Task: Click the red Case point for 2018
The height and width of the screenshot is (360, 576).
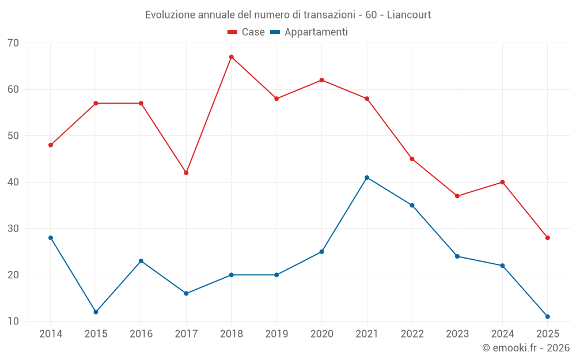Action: pos(231,57)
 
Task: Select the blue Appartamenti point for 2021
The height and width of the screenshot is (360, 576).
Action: pos(367,177)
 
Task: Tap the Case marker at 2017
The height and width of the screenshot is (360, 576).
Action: pos(186,173)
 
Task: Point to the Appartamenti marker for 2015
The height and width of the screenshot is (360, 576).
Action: pos(96,312)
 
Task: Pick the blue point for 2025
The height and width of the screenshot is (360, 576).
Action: pos(547,316)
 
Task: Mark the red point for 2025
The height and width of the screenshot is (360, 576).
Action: pos(547,238)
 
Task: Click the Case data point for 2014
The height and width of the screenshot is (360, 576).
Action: pos(51,145)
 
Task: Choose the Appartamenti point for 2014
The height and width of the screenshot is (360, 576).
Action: pos(51,238)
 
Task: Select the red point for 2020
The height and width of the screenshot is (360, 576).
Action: pos(321,80)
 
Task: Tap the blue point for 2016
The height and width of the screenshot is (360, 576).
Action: pos(141,261)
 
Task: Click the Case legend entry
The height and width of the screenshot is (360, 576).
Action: pos(247,32)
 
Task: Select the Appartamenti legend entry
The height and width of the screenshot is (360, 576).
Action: pos(309,32)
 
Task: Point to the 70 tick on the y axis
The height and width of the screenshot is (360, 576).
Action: pos(13,43)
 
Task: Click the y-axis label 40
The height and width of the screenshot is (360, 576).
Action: pos(13,182)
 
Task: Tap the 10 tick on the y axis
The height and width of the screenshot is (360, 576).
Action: pos(13,321)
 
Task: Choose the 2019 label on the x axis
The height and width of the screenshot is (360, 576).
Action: pos(276,334)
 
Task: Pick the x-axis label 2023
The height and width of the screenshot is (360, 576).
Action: pos(457,334)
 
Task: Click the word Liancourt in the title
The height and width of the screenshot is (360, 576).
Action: pos(408,14)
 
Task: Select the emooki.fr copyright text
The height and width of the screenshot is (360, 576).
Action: pos(525,348)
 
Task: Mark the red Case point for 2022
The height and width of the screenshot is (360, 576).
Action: pos(412,159)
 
